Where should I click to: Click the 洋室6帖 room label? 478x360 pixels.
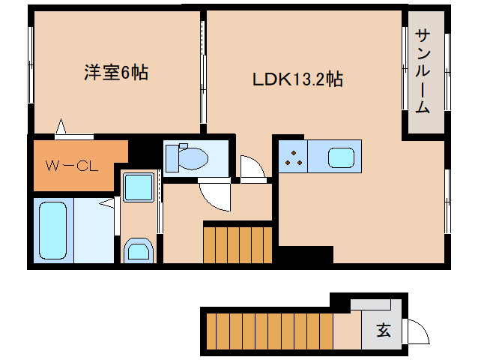(x=115, y=73)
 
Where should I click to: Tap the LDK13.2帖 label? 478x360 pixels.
(x=297, y=79)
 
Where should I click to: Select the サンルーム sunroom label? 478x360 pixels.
(x=423, y=71)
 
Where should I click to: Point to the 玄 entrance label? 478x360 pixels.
(x=383, y=330)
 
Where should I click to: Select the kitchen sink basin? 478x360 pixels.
(x=340, y=157)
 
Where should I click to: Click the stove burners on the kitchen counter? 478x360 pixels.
(x=294, y=157)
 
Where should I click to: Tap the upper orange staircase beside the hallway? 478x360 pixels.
(x=238, y=244)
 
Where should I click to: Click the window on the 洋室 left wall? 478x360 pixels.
(x=31, y=71)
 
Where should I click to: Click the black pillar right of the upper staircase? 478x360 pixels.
(x=303, y=256)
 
